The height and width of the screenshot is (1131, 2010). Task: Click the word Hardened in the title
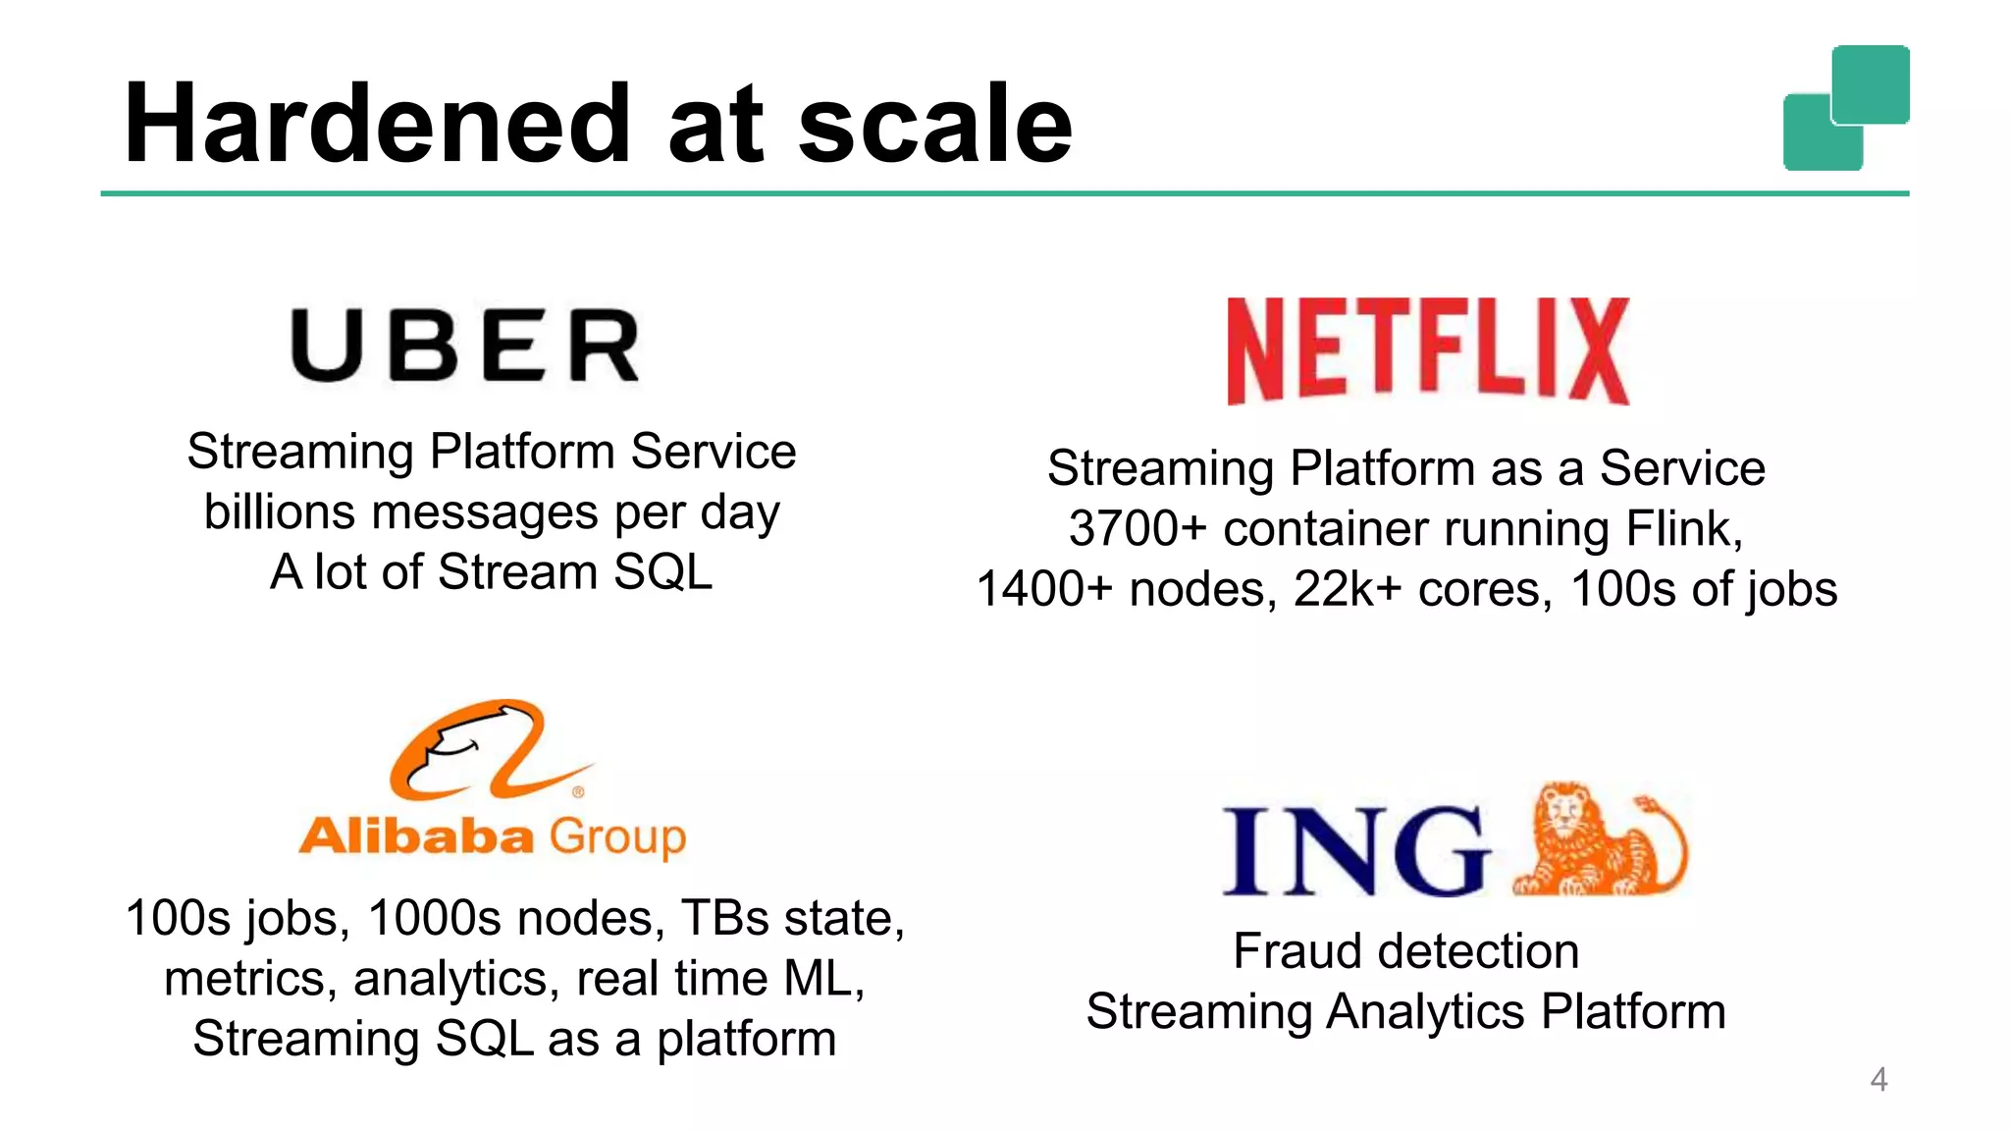[x=378, y=125]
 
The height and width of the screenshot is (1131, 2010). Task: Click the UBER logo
[x=465, y=345]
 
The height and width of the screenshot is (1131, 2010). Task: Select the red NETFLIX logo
[x=1428, y=350]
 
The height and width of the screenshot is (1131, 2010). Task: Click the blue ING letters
[x=1355, y=850]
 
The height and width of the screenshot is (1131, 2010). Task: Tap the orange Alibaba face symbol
[x=481, y=748]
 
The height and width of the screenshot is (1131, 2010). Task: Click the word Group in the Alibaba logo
[x=617, y=836]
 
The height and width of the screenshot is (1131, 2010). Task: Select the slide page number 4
[x=1878, y=1080]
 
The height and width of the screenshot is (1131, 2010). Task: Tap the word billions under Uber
[x=279, y=512]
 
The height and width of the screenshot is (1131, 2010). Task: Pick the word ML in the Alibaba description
[x=822, y=979]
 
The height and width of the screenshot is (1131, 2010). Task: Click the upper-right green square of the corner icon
[x=1871, y=83]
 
